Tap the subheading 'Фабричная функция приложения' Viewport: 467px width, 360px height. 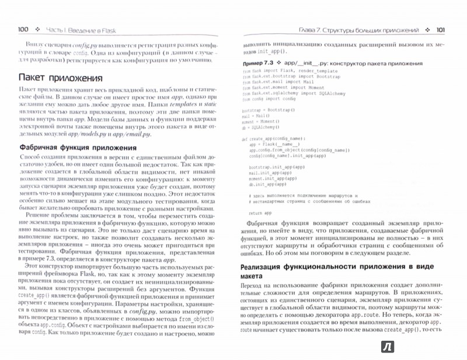tap(78, 148)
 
